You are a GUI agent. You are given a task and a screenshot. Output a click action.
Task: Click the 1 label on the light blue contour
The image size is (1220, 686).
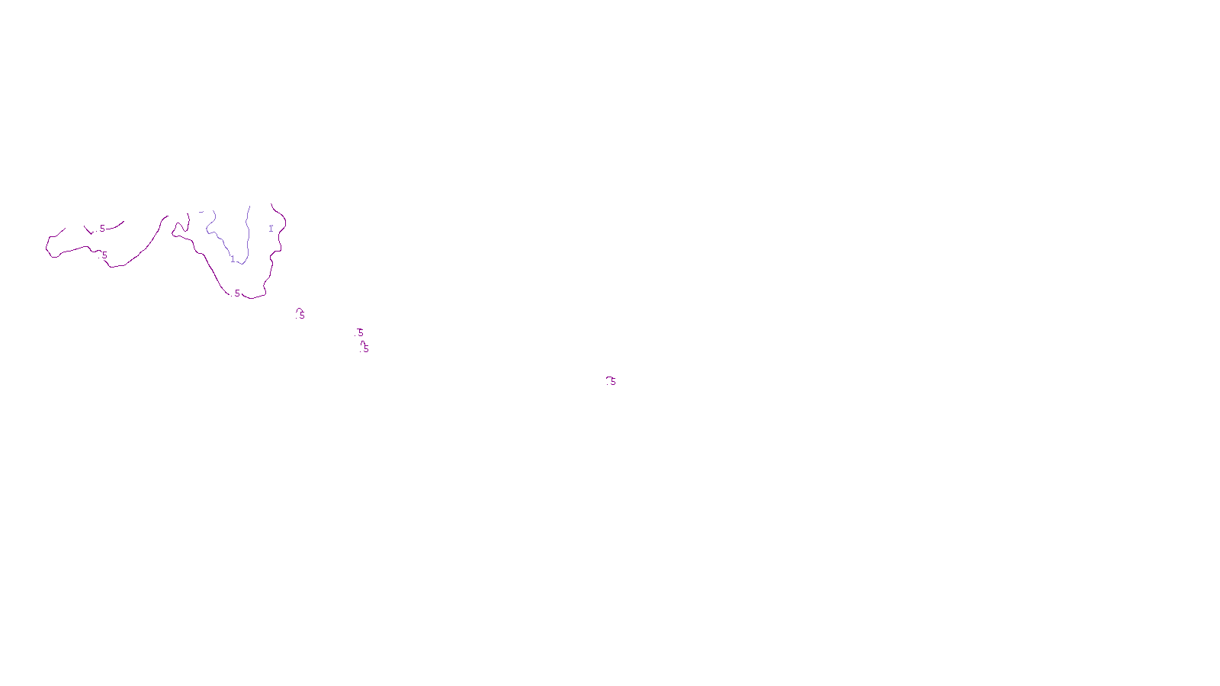(x=233, y=259)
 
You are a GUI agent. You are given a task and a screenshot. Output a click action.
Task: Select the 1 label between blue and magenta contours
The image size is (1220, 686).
(x=271, y=229)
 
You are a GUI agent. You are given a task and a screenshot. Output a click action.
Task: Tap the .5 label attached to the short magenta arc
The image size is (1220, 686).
(x=102, y=229)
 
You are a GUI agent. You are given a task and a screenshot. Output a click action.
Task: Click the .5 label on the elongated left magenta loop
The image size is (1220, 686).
(x=104, y=255)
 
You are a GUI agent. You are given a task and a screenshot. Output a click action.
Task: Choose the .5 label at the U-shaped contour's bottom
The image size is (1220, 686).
(x=237, y=293)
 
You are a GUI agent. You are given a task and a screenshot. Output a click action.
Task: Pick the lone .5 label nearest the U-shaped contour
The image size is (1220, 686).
(x=302, y=315)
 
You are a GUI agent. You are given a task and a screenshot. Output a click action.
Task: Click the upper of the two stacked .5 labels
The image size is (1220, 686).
(x=361, y=332)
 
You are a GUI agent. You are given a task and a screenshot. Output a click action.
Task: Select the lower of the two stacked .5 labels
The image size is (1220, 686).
(x=366, y=348)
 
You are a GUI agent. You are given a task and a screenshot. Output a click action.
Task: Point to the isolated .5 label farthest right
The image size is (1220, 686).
(x=612, y=381)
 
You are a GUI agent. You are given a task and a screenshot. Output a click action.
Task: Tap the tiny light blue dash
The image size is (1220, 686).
(x=201, y=212)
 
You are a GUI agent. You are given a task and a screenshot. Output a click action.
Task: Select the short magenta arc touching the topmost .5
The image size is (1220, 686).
(x=114, y=226)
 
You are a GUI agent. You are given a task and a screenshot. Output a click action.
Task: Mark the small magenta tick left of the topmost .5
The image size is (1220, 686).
(x=88, y=229)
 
